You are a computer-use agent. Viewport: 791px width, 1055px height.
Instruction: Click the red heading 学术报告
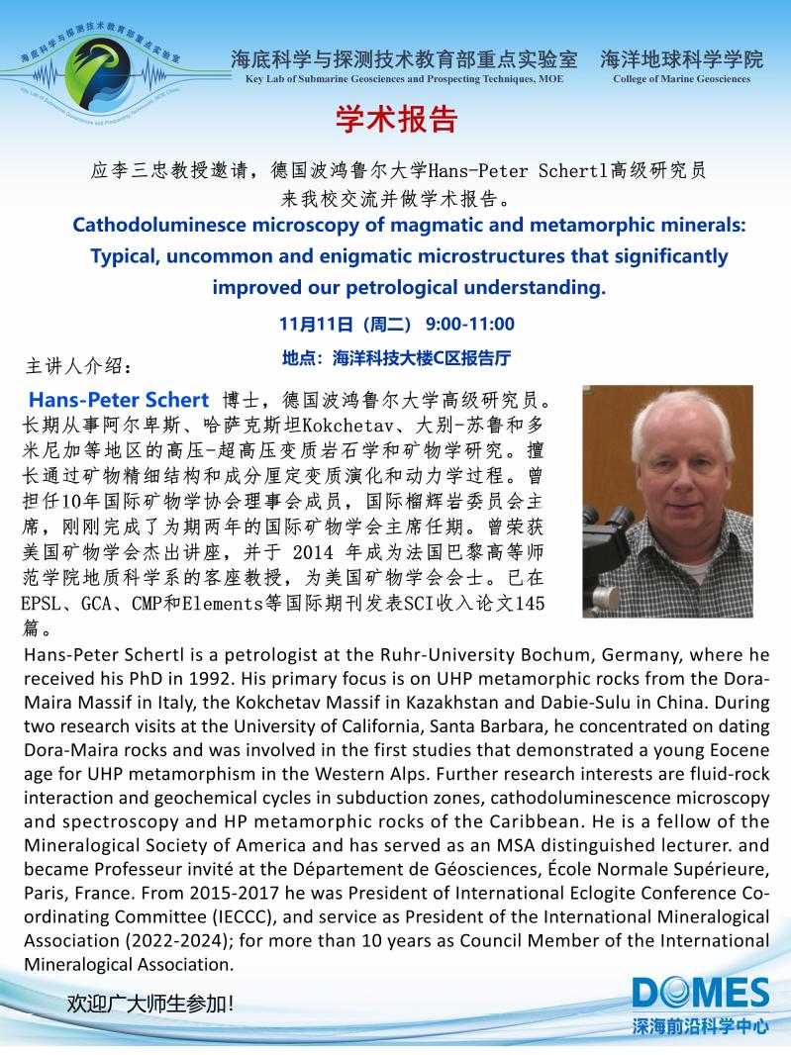tap(395, 120)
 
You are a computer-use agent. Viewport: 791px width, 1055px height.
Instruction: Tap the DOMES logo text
tap(701, 994)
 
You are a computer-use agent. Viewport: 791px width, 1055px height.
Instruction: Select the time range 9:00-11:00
tap(470, 325)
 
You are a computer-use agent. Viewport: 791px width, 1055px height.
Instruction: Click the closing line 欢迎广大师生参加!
tap(150, 1004)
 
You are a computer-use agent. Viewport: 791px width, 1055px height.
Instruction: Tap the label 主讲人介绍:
tap(77, 367)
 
